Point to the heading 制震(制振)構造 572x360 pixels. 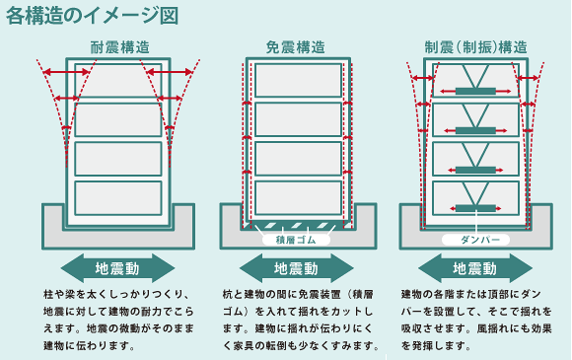coord(475,46)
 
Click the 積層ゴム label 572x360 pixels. coord(296,239)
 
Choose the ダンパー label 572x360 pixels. coord(474,239)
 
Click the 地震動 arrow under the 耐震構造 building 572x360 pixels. coord(117,267)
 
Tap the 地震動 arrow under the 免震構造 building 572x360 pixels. coord(296,267)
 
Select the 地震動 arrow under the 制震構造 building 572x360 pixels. coord(474,267)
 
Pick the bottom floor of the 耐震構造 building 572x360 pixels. coord(118,196)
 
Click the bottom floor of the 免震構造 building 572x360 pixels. coord(297,196)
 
